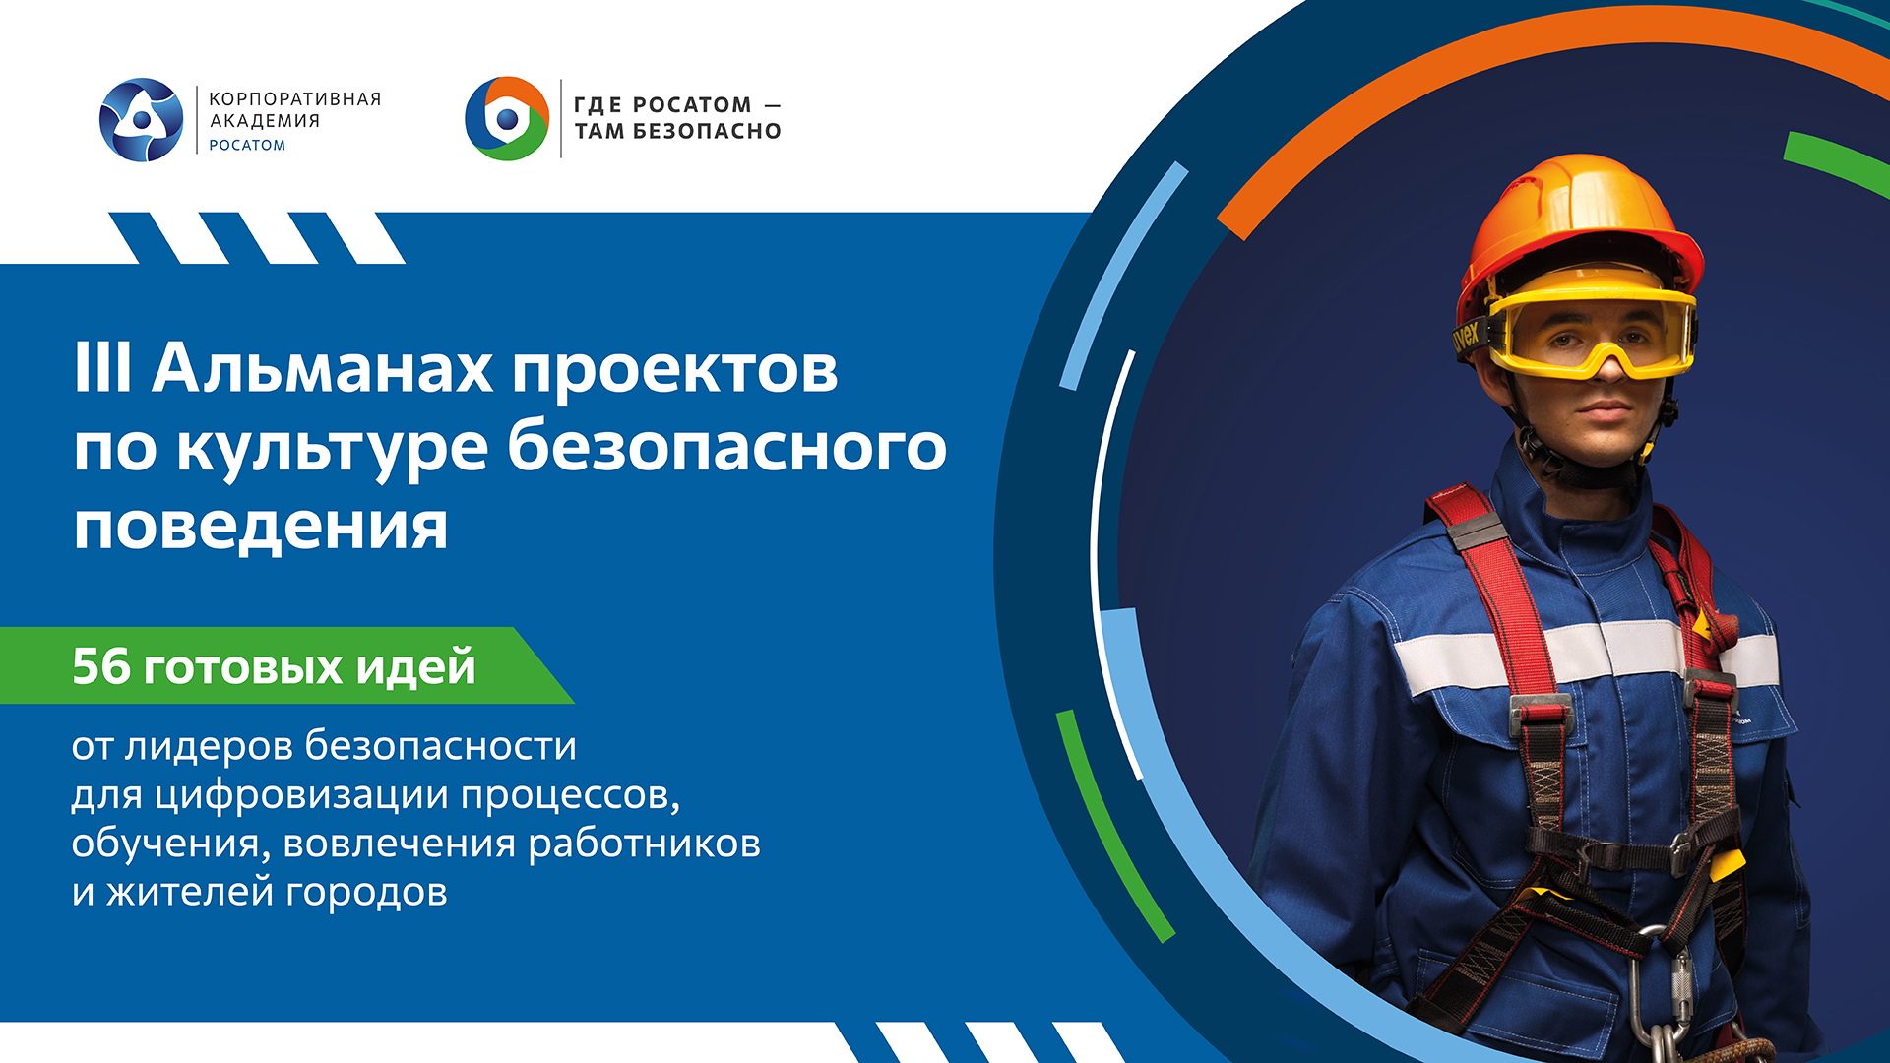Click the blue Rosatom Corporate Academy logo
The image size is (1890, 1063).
142,120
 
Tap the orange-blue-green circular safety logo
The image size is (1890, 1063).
507,119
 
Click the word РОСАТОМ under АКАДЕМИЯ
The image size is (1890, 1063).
247,146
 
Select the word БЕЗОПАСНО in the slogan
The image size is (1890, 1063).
706,132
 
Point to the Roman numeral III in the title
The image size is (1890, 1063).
102,369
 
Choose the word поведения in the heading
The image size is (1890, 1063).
261,527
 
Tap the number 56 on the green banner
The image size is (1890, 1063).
101,666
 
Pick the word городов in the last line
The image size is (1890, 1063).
366,892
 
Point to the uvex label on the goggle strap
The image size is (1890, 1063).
1467,337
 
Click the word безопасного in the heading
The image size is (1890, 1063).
726,448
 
